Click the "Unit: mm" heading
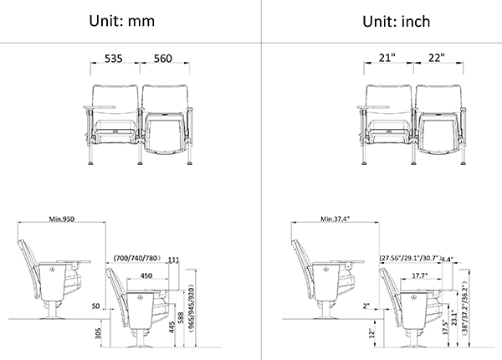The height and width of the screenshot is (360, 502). point(121,21)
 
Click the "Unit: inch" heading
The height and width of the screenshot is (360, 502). point(396,22)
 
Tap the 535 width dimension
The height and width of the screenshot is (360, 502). point(114,59)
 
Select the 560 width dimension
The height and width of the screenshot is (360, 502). point(163,59)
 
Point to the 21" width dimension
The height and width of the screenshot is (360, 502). point(387,58)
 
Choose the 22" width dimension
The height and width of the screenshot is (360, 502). point(437,58)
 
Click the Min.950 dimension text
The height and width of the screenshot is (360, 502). point(61,219)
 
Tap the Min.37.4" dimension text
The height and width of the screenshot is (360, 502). point(336,219)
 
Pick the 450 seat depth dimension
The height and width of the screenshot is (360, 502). point(146,275)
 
